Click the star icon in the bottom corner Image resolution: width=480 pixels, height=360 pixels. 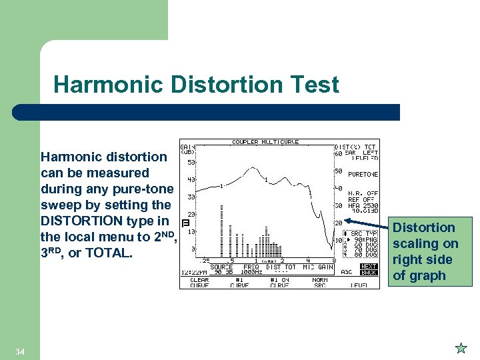(461, 347)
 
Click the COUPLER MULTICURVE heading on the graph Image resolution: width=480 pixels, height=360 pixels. (265, 142)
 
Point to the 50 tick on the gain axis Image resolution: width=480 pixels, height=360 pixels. (191, 162)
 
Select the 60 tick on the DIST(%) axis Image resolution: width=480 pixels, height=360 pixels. (338, 154)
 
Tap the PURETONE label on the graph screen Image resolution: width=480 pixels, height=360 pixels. (363, 175)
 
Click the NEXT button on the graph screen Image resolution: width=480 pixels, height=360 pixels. (369, 267)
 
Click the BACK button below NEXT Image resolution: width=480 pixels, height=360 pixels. (369, 273)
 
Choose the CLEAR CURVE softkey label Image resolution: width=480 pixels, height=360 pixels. (199, 283)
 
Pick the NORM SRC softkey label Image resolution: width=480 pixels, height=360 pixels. (320, 283)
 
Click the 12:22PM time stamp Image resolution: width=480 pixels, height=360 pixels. (194, 273)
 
